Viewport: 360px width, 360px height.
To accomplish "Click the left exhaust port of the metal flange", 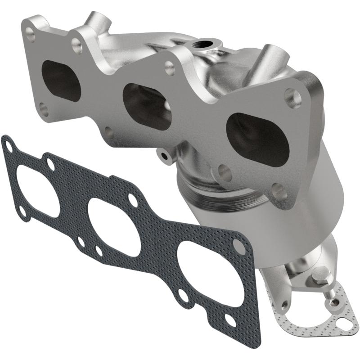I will coord(61,80).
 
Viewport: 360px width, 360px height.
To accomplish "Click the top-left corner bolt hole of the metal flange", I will coord(30,32).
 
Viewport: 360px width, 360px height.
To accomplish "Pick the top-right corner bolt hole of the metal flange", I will coord(292,98).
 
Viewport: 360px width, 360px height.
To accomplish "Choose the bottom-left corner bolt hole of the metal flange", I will coord(43,108).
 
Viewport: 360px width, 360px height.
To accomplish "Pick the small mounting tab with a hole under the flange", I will coord(164,155).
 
